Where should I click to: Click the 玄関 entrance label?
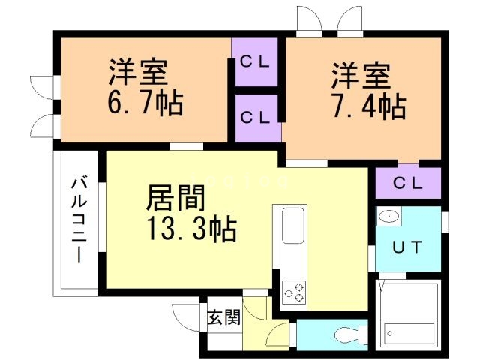tap(223, 317)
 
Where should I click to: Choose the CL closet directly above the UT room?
tap(408, 182)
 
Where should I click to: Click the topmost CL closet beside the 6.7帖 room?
tap(255, 61)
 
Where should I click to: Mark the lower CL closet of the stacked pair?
tap(255, 117)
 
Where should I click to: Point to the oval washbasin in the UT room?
tap(388, 217)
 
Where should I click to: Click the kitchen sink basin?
tap(292, 223)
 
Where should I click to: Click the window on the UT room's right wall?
tap(444, 222)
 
